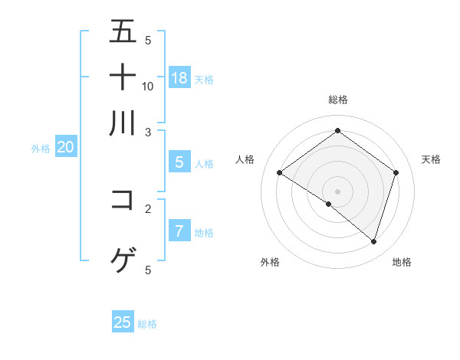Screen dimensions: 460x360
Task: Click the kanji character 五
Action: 123,31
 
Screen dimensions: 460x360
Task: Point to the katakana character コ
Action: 123,199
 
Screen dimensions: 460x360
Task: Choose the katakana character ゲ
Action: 123,260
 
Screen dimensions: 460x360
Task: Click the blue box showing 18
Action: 179,77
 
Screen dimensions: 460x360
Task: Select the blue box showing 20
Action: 65,148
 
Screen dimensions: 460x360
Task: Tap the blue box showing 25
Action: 123,322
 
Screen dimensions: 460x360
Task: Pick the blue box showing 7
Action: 179,231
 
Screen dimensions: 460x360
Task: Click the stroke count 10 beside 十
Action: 148,86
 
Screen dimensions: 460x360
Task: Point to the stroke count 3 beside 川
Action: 148,132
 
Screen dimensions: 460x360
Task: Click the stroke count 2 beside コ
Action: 148,208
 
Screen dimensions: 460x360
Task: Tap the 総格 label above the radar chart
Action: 338,100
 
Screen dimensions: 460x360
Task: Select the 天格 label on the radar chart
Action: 431,159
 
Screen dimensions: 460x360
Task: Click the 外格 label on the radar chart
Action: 270,262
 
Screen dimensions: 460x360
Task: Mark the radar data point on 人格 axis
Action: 280,173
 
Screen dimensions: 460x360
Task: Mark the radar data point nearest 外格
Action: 329,205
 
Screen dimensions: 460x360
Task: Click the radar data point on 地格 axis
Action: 373,241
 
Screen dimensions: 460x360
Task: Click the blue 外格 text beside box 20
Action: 41,149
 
